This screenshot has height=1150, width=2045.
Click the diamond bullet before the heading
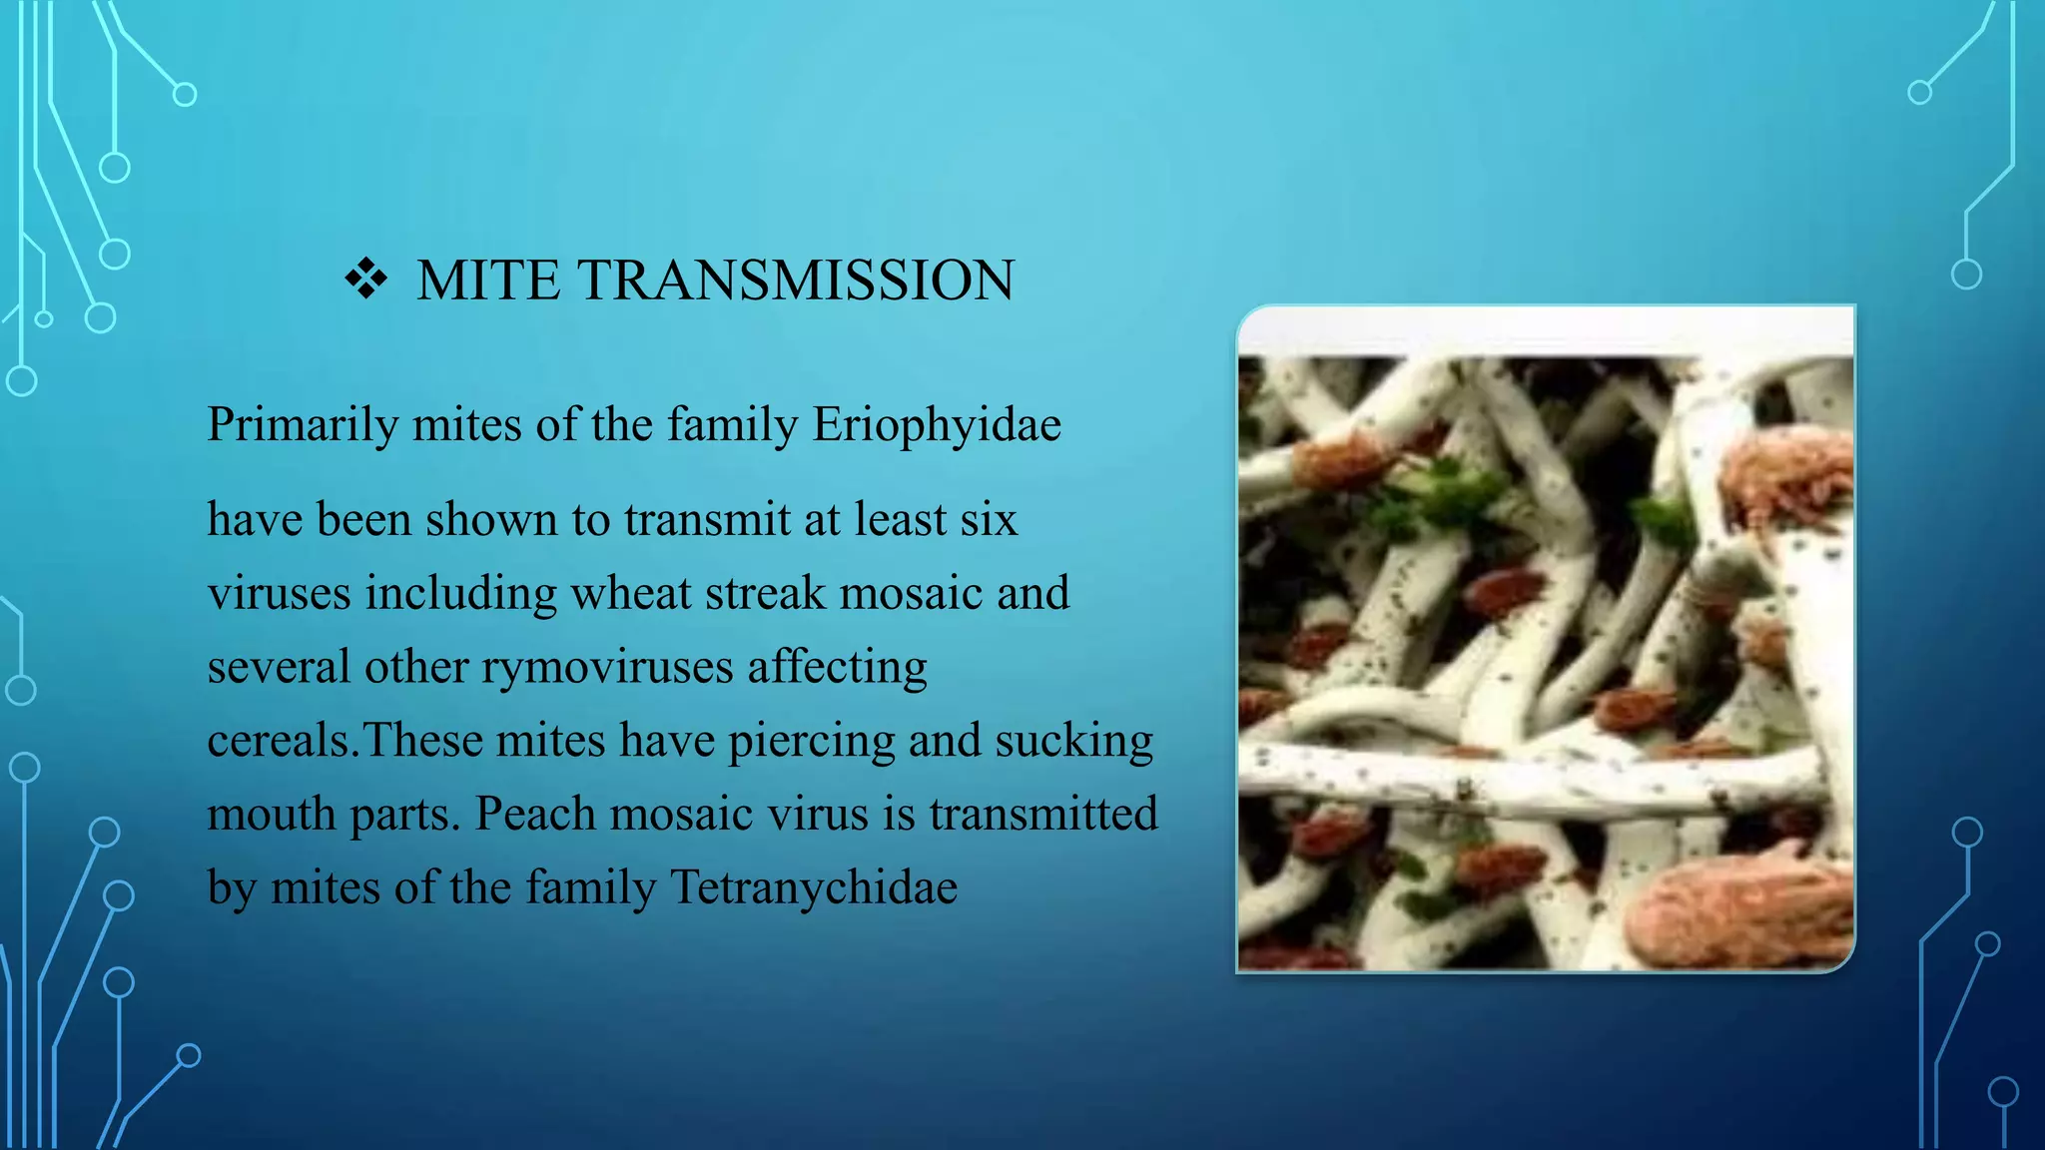click(x=365, y=280)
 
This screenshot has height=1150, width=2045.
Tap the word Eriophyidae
click(x=936, y=425)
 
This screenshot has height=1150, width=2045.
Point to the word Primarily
click(x=303, y=425)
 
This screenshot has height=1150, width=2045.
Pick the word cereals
click(x=281, y=741)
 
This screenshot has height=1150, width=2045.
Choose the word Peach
click(x=534, y=814)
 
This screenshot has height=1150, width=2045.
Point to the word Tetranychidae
click(x=813, y=887)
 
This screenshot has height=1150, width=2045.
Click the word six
click(x=989, y=520)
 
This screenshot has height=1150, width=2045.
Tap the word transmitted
click(x=1043, y=814)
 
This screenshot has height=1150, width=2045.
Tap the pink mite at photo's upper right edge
click(x=1787, y=475)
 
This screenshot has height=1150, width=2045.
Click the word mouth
click(x=271, y=814)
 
